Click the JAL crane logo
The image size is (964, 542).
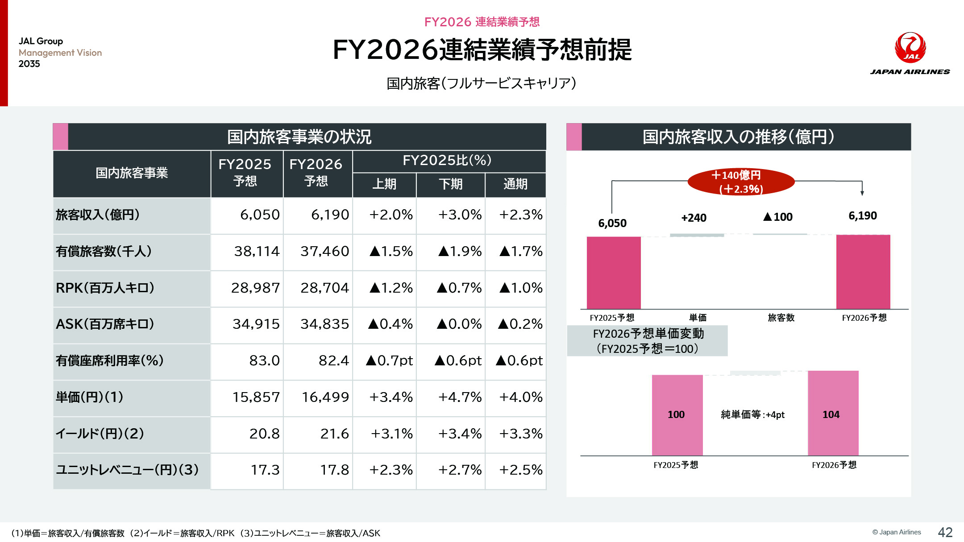click(x=910, y=47)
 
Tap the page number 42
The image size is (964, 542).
click(x=945, y=532)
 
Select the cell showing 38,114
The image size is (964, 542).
click(x=257, y=252)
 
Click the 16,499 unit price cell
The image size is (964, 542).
click(x=325, y=397)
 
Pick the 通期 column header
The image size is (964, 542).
click(x=515, y=184)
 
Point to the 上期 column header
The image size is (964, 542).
click(x=384, y=184)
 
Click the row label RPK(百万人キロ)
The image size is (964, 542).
click(x=105, y=288)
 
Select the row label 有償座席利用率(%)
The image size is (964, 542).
click(x=109, y=360)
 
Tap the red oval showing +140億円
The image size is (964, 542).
click(x=741, y=182)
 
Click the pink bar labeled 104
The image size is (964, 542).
click(x=833, y=413)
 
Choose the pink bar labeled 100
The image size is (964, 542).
click(x=677, y=414)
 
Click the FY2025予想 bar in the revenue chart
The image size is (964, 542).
click(x=613, y=272)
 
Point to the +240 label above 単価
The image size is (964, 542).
click(x=694, y=218)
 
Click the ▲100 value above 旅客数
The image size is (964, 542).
click(x=778, y=217)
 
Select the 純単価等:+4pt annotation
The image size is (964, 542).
click(x=752, y=415)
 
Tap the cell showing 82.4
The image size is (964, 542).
click(x=333, y=360)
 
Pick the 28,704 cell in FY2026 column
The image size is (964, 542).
click(x=324, y=288)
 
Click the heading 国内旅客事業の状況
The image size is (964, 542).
click(x=299, y=137)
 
